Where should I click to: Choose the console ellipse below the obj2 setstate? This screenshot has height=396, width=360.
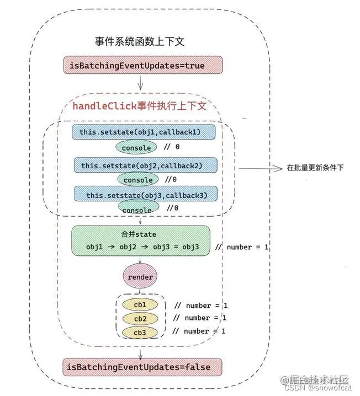click(137, 180)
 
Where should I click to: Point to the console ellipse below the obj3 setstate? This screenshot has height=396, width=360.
click(137, 210)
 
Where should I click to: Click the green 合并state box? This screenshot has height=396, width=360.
click(141, 240)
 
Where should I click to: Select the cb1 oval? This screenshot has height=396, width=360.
click(140, 304)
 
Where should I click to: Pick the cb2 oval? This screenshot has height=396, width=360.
click(140, 318)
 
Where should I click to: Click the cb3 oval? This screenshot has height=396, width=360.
click(140, 332)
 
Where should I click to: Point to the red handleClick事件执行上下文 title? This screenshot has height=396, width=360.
click(140, 105)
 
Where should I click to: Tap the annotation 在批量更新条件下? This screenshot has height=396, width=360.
click(315, 167)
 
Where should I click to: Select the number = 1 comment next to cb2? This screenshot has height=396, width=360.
click(200, 318)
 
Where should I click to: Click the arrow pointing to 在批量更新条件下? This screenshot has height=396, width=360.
click(260, 167)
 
